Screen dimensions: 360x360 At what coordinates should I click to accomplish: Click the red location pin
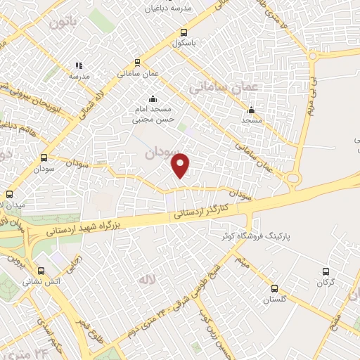tap(181, 165)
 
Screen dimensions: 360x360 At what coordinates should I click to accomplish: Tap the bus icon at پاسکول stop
tap(184, 32)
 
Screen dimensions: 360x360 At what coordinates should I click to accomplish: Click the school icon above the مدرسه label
tap(79, 66)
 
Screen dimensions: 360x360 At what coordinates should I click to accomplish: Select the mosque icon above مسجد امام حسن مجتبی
tap(153, 98)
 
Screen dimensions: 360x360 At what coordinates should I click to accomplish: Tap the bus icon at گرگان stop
tap(325, 271)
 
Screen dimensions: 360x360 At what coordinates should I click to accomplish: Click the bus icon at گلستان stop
tap(275, 288)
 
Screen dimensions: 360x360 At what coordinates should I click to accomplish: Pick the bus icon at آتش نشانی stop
tap(40, 271)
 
